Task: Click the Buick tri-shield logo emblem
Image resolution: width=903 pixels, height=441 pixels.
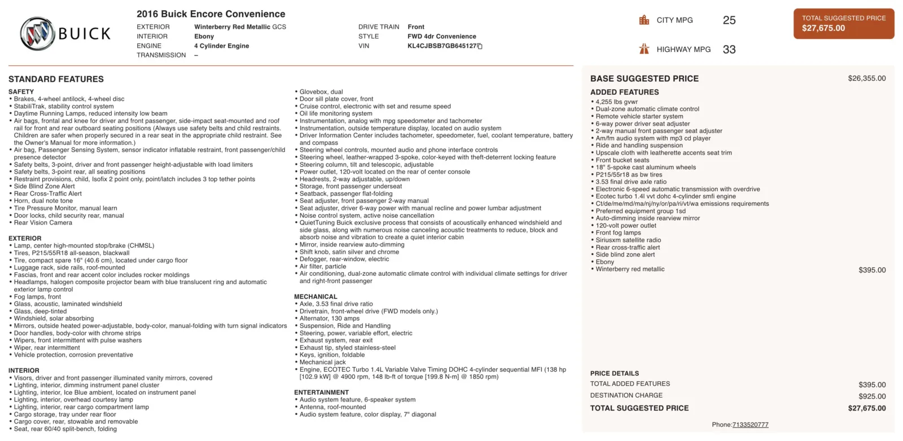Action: (x=37, y=33)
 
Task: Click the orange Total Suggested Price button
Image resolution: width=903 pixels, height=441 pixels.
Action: (x=843, y=24)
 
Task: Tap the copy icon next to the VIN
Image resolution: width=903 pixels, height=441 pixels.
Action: (x=480, y=46)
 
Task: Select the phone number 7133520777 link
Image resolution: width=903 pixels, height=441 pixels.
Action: (x=750, y=425)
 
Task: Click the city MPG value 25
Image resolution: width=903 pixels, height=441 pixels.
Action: (x=729, y=20)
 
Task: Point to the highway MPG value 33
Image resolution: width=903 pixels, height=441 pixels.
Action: (x=729, y=50)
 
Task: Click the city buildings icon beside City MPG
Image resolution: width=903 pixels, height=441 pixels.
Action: (x=644, y=20)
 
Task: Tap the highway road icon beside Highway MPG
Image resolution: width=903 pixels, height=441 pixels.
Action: (x=644, y=49)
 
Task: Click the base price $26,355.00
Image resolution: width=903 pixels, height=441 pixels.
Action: (x=866, y=78)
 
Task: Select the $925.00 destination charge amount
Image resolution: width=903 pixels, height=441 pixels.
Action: (x=872, y=396)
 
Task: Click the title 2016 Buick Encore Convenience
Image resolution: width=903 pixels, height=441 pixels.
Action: (x=211, y=14)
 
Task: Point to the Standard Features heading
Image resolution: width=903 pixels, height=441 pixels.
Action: (x=56, y=80)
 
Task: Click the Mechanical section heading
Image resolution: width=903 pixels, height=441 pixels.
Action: (x=315, y=297)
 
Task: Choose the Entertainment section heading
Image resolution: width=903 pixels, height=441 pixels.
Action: (x=321, y=393)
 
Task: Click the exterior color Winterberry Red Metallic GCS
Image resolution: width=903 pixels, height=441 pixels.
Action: (x=240, y=27)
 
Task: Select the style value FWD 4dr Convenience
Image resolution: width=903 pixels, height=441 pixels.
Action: (x=441, y=37)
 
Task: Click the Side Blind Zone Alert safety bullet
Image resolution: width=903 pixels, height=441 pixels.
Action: (x=44, y=187)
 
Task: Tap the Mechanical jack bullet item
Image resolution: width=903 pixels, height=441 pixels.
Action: (x=322, y=363)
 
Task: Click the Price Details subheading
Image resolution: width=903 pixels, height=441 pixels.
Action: (x=615, y=373)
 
